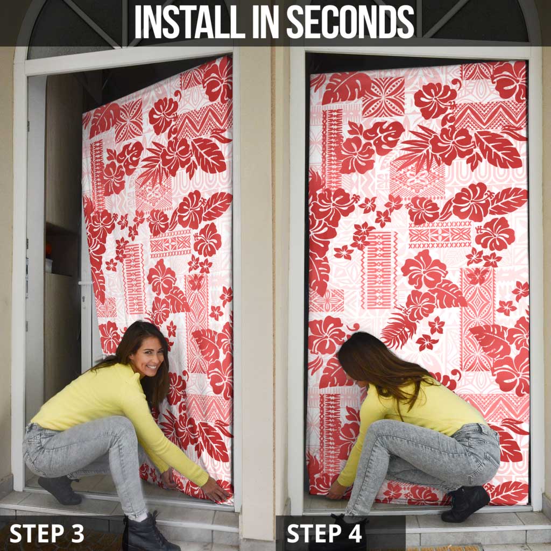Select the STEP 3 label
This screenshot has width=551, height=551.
(x=47, y=533)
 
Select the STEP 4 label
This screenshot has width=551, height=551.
(x=324, y=533)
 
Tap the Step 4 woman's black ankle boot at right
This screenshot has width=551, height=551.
(x=464, y=503)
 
